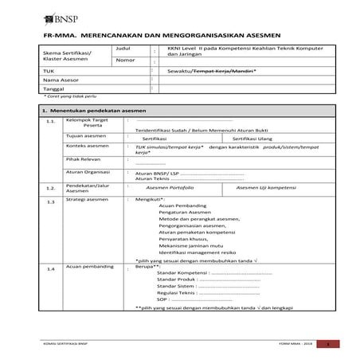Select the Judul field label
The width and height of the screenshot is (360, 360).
point(124,49)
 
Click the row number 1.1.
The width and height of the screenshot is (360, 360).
point(51,122)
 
